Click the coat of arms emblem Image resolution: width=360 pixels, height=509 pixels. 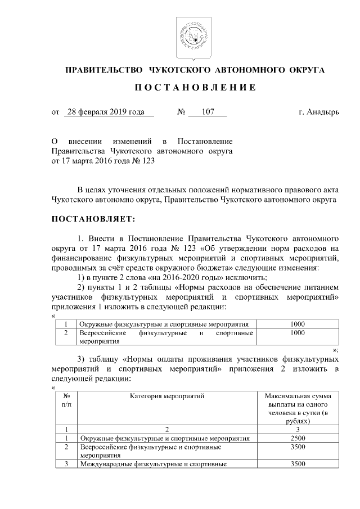click(x=189, y=37)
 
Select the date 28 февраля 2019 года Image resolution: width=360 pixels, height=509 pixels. click(x=105, y=112)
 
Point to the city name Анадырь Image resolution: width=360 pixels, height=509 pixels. click(x=326, y=112)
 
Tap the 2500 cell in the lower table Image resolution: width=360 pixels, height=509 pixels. click(x=298, y=438)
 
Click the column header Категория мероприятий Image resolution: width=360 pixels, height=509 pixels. click(x=166, y=397)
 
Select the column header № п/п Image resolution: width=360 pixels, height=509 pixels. click(x=66, y=400)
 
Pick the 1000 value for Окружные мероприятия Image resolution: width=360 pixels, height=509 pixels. click(x=298, y=325)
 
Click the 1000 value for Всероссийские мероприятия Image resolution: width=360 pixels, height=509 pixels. click(x=298, y=333)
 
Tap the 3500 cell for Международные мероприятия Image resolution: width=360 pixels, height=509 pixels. click(x=298, y=464)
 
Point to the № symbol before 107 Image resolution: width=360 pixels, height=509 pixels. click(x=181, y=112)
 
